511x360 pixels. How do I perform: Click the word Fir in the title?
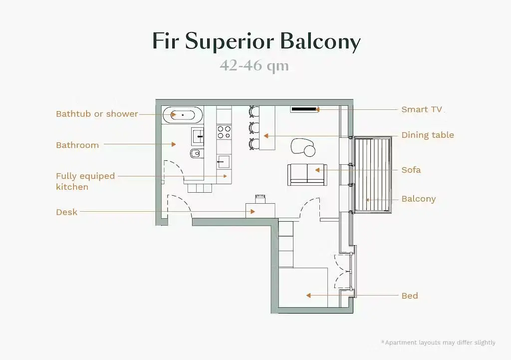click(x=166, y=41)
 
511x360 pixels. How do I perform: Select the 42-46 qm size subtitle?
click(x=254, y=66)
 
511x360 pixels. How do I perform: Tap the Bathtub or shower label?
click(x=97, y=114)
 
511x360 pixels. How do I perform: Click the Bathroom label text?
click(x=77, y=145)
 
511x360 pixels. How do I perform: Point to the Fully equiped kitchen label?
click(x=85, y=181)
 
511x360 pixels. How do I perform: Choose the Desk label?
click(x=67, y=212)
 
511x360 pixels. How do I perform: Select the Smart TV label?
click(x=422, y=109)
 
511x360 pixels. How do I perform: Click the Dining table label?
click(x=428, y=135)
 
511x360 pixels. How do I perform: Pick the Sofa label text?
click(x=411, y=170)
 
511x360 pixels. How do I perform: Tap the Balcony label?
click(x=419, y=199)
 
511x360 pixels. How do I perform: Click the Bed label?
click(x=410, y=296)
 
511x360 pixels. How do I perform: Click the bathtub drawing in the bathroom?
click(x=183, y=115)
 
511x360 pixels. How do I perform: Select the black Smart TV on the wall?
click(x=304, y=109)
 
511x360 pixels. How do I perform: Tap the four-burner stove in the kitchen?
click(x=224, y=132)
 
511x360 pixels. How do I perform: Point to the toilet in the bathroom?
click(x=196, y=153)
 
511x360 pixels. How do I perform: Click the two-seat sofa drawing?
click(x=307, y=174)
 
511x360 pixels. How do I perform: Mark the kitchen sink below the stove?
click(x=223, y=161)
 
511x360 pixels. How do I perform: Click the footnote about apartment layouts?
click(x=438, y=343)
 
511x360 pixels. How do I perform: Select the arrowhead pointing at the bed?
click(x=308, y=296)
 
